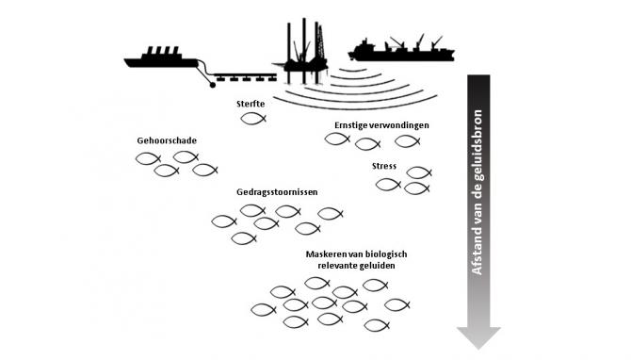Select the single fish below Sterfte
253,119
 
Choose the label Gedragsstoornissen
277,191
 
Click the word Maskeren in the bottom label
327,255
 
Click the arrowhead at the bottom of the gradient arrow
478,335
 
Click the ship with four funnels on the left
160,58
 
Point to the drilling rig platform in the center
303,42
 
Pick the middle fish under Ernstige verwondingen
367,144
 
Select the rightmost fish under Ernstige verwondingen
406,140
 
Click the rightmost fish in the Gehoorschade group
204,171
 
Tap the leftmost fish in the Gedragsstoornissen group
223,221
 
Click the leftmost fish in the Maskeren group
263,309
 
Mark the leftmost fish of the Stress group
387,185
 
